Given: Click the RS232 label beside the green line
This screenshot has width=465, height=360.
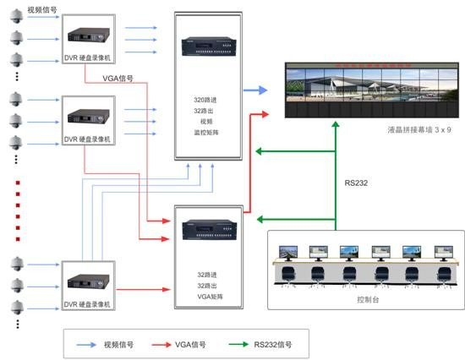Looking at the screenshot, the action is pyautogui.click(x=356, y=183).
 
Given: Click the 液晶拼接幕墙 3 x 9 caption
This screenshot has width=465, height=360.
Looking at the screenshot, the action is pyautogui.click(x=419, y=129).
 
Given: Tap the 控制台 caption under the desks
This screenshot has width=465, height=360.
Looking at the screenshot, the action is pyautogui.click(x=368, y=299).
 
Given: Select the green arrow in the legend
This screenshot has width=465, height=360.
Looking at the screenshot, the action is pyautogui.click(x=238, y=344).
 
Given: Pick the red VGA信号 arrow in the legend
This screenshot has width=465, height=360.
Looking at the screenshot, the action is pyautogui.click(x=161, y=345).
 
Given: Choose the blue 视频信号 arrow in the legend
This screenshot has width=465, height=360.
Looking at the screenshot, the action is pyautogui.click(x=86, y=345).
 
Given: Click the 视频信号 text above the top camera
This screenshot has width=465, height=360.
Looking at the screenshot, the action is pyautogui.click(x=42, y=10).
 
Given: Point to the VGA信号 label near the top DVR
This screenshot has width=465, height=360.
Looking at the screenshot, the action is pyautogui.click(x=118, y=79).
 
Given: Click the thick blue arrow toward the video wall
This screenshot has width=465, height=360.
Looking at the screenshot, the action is pyautogui.click(x=255, y=90).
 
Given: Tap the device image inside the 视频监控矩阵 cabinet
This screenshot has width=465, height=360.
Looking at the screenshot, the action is pyautogui.click(x=209, y=46).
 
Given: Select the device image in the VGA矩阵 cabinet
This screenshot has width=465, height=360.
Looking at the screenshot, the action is pyautogui.click(x=210, y=230).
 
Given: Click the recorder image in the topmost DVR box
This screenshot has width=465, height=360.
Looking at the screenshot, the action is pyautogui.click(x=89, y=35).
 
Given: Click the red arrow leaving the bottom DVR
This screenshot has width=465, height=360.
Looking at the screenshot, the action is pyautogui.click(x=144, y=289).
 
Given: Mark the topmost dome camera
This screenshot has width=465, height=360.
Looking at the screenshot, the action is pyautogui.click(x=16, y=16).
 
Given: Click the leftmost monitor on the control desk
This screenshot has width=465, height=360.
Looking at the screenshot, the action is pyautogui.click(x=288, y=253).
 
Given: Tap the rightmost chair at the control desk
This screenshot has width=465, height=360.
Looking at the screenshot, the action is pyautogui.click(x=444, y=275).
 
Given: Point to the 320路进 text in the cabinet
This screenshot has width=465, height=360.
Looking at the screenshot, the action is pyautogui.click(x=205, y=100).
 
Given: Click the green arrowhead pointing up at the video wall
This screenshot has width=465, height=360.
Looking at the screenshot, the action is pyautogui.click(x=336, y=123).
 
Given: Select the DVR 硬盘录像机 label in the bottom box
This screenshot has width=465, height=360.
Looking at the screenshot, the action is pyautogui.click(x=87, y=304).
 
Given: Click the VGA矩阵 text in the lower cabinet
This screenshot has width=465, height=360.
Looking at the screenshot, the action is pyautogui.click(x=210, y=297).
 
